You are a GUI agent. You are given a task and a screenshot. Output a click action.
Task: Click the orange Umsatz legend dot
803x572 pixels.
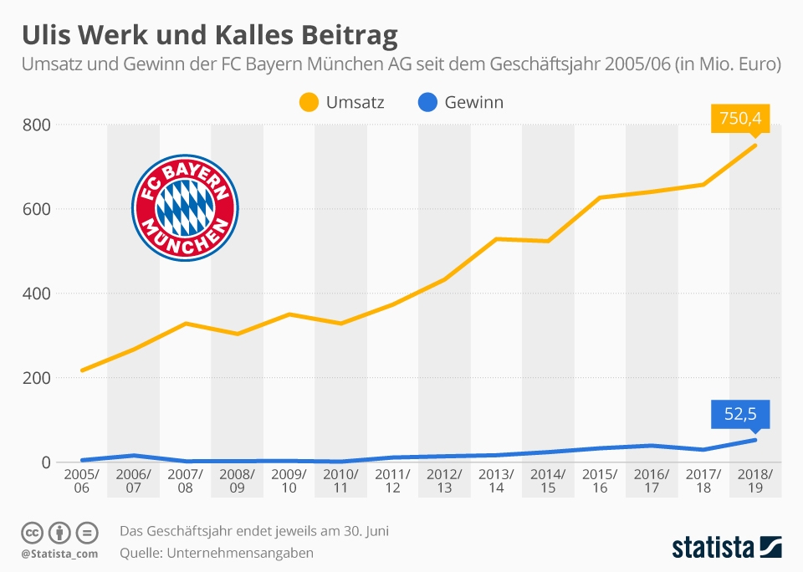[309, 103]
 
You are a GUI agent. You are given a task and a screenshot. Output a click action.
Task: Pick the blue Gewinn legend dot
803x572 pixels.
[427, 103]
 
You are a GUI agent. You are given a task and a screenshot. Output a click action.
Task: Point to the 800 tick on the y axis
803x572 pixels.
[38, 125]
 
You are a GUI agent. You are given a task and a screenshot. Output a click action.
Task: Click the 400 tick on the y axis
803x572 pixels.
[38, 294]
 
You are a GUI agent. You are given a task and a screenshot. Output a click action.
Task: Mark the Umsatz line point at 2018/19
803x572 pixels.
[755, 145]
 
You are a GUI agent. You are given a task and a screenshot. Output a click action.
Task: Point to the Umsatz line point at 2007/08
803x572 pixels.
[185, 324]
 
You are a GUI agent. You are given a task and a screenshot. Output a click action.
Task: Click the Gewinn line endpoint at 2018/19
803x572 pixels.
[755, 440]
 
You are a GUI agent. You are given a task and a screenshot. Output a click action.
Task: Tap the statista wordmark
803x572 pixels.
[713, 548]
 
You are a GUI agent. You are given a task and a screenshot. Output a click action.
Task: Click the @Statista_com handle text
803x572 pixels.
[59, 554]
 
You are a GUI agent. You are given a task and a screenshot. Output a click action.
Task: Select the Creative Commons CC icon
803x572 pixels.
[33, 533]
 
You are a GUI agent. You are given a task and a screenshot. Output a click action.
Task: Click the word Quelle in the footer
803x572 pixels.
[141, 553]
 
